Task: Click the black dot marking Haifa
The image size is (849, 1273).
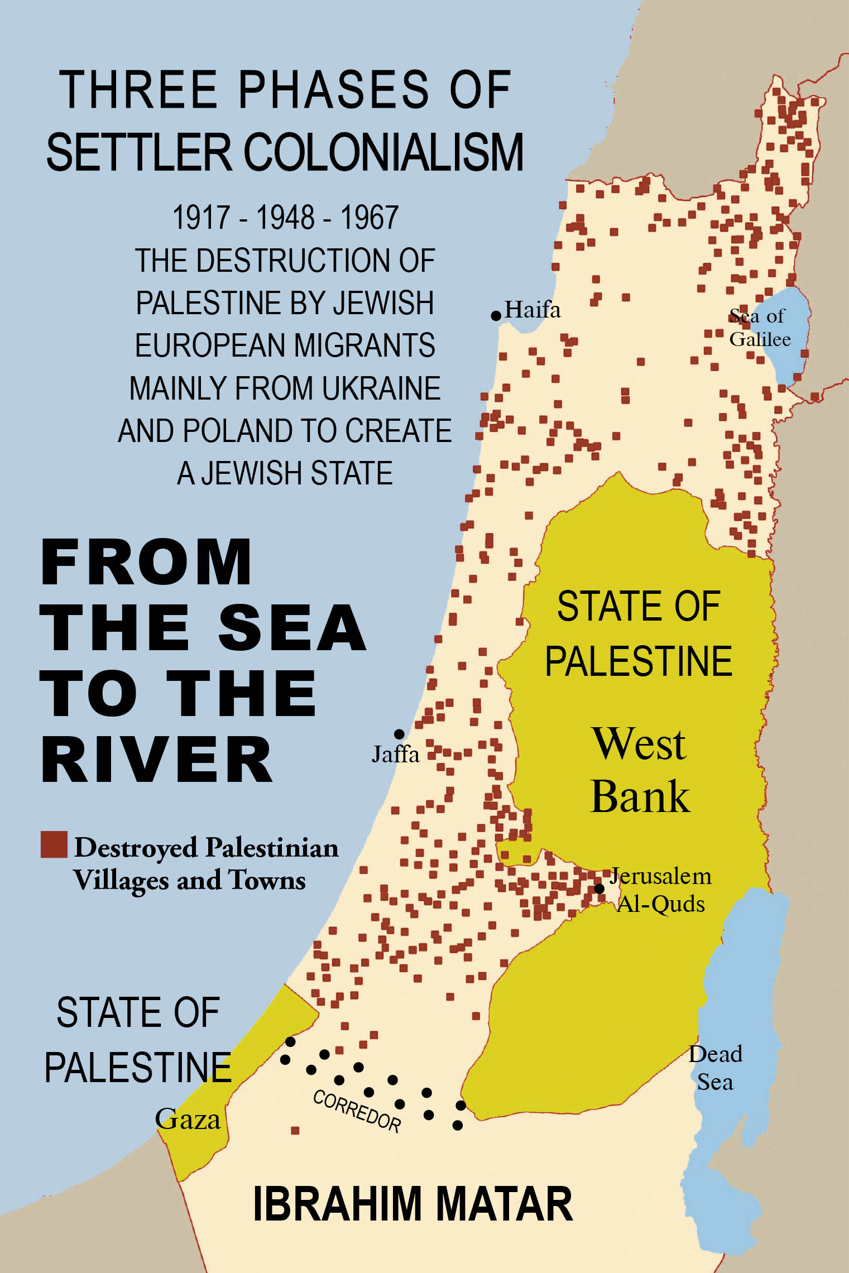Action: [x=496, y=316]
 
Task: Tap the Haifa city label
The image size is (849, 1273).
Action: [x=533, y=310]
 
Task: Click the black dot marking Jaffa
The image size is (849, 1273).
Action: [x=399, y=734]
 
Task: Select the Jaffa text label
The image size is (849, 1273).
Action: [x=395, y=755]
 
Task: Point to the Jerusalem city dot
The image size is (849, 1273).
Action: [x=599, y=888]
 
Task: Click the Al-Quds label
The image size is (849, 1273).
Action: [x=660, y=904]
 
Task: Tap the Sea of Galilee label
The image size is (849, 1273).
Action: [x=759, y=328]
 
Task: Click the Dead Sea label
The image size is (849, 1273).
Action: [x=715, y=1068]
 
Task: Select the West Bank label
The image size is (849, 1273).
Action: [x=640, y=770]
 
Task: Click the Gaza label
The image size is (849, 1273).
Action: [x=188, y=1120]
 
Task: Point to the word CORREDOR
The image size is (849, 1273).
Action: [x=357, y=1111]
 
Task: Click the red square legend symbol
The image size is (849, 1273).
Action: [x=54, y=844]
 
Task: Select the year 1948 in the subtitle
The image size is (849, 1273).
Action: [x=285, y=218]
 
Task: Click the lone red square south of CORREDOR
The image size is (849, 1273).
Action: [x=295, y=1131]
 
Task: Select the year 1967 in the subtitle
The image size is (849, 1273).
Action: [x=369, y=218]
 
